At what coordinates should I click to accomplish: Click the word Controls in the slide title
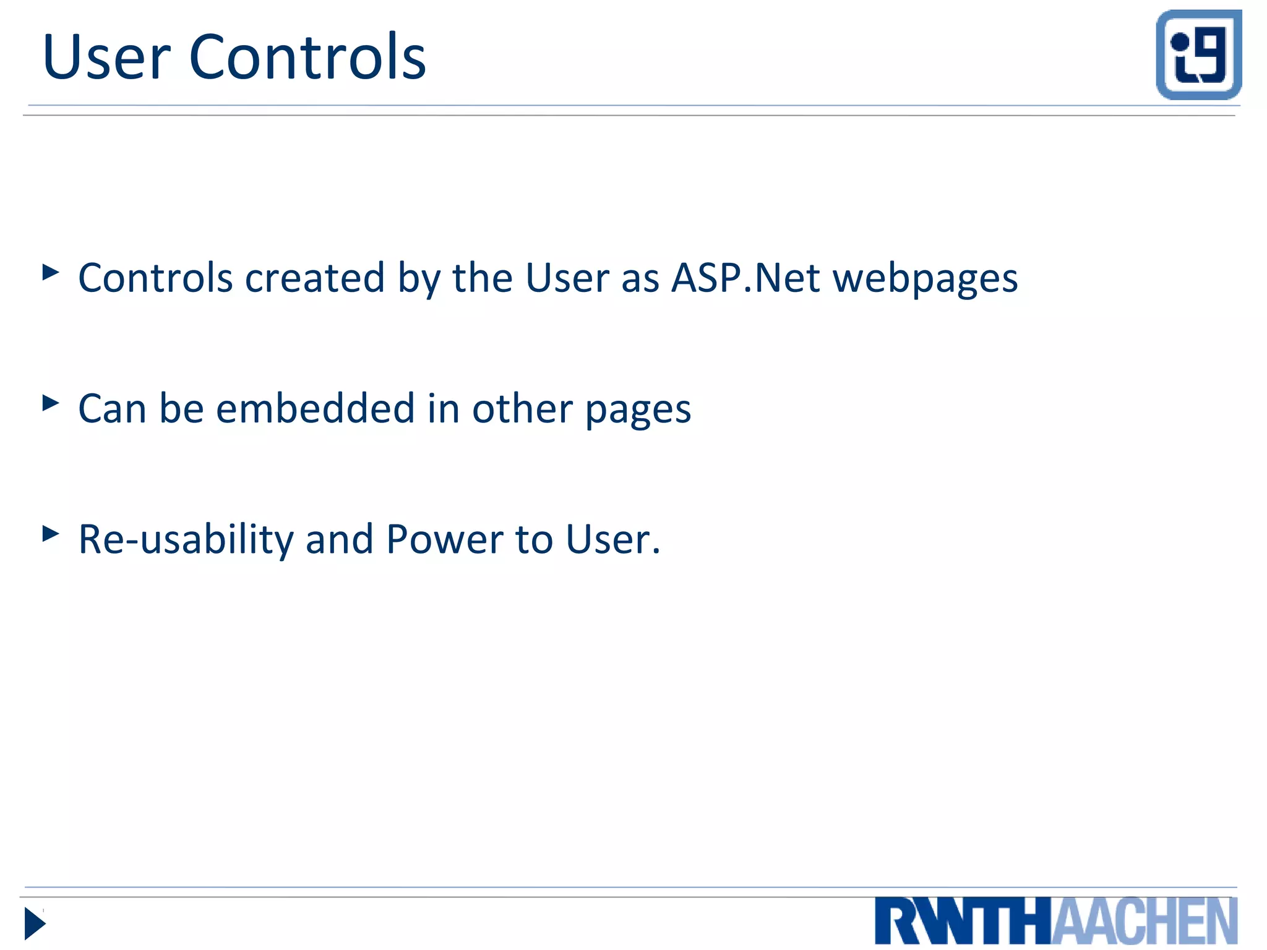(307, 57)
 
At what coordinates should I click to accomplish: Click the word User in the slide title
(106, 58)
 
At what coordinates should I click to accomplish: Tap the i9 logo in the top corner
(1198, 54)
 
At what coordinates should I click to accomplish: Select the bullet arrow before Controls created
(51, 272)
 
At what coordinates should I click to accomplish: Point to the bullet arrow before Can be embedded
(51, 403)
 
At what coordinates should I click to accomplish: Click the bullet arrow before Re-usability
(51, 534)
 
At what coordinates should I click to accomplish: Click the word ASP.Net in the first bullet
(745, 278)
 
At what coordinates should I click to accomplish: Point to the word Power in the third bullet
(444, 539)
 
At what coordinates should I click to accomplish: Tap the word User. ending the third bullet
(613, 539)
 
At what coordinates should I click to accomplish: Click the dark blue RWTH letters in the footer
(963, 922)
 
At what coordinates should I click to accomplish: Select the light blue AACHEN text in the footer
(1145, 922)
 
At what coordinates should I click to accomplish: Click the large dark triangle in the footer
(35, 924)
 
